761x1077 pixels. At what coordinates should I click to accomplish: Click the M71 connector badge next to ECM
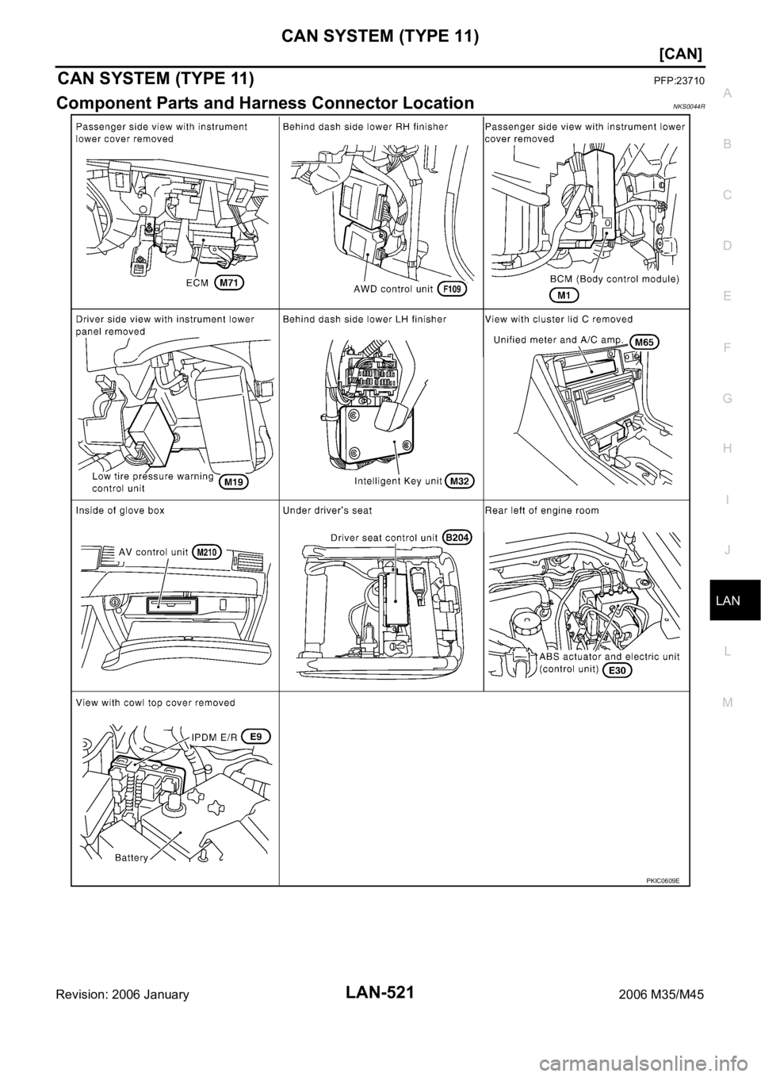[229, 283]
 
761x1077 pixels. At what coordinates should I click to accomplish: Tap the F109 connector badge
[452, 289]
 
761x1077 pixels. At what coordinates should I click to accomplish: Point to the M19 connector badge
[234, 481]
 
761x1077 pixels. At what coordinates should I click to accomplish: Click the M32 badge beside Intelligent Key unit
[460, 481]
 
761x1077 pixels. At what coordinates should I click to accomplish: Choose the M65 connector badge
[644, 342]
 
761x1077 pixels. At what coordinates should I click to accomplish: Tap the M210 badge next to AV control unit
[207, 553]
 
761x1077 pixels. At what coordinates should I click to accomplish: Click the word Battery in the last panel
[132, 858]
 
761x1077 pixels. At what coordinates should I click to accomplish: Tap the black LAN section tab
[735, 600]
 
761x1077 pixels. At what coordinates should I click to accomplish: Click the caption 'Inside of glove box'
[120, 511]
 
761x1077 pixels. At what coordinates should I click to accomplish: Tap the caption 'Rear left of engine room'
[542, 511]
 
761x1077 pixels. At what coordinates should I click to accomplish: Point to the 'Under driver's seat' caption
[327, 511]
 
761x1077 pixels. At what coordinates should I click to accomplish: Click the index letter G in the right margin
[727, 398]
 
